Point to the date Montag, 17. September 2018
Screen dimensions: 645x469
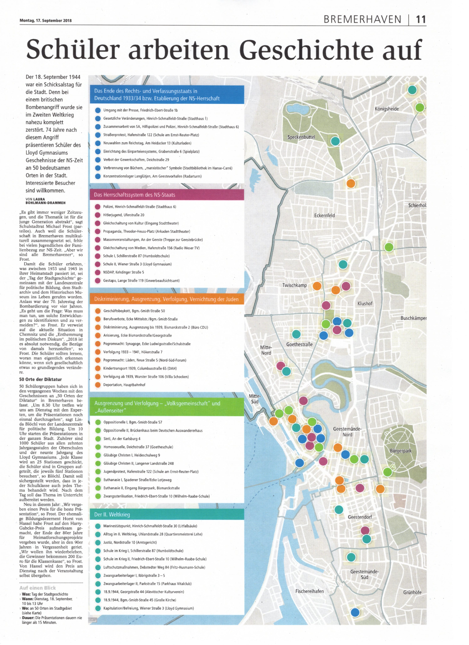click(x=45, y=20)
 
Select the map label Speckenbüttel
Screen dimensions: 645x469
click(x=301, y=137)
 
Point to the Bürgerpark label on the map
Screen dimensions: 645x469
click(x=400, y=451)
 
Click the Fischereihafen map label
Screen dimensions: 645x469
click(x=309, y=591)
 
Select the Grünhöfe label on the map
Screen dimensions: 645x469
click(x=412, y=592)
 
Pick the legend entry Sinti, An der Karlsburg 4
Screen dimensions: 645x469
click(x=122, y=439)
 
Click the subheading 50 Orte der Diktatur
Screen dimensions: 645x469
click(x=40, y=379)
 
